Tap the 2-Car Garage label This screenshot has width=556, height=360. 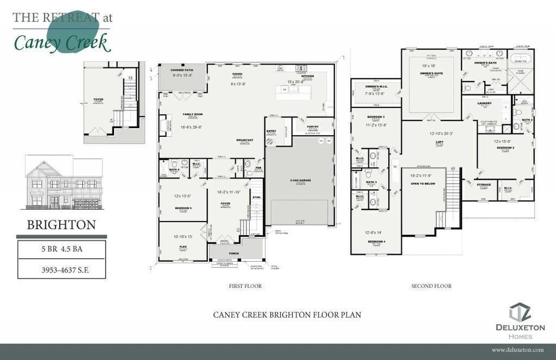297,180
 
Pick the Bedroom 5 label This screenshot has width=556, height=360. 183,208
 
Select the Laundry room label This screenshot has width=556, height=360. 484,103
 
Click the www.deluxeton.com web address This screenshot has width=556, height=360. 517,350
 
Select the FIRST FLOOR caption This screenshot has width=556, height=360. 246,286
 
